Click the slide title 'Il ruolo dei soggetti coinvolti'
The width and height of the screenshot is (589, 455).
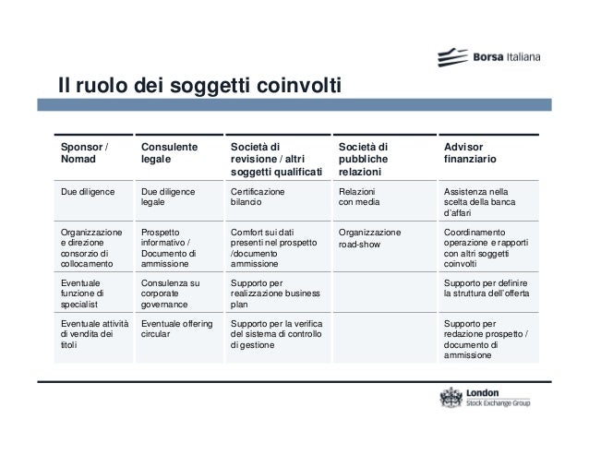(201, 88)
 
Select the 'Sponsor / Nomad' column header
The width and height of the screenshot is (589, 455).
(83, 152)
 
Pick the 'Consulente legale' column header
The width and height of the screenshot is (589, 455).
(170, 152)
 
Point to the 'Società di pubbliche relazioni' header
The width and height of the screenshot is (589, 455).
(364, 159)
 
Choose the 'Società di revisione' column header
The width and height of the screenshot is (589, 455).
(276, 159)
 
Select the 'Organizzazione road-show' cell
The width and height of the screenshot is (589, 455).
(369, 239)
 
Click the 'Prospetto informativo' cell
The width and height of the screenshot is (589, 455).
(167, 245)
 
